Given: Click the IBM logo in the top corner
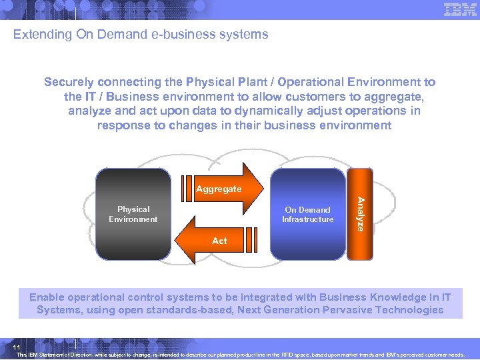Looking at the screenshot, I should pos(459,9).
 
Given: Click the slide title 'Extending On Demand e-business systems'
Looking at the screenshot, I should pos(141,34).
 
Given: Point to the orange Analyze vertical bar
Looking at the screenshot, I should pos(359,214).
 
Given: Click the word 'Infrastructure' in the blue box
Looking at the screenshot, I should pos(307,219).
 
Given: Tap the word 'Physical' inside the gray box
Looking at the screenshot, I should pos(133,209).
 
